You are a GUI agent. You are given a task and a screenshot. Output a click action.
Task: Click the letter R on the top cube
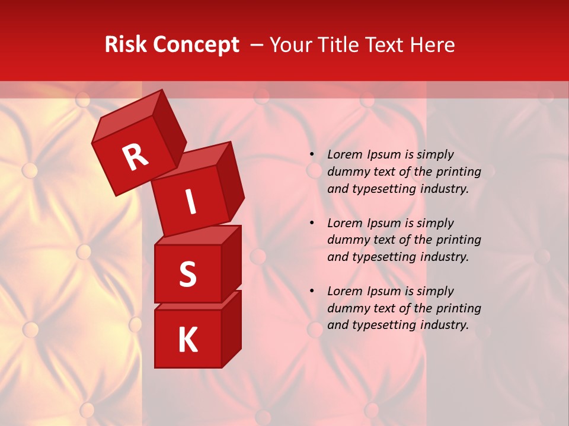(x=135, y=157)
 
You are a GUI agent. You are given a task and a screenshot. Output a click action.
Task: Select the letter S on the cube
(x=187, y=274)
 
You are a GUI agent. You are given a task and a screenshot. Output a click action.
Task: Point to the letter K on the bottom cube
(x=187, y=340)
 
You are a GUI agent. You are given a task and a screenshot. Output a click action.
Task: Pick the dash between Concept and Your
(x=257, y=46)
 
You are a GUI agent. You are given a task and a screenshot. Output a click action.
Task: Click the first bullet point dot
(x=312, y=155)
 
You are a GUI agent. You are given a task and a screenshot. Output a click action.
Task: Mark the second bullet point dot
(x=312, y=223)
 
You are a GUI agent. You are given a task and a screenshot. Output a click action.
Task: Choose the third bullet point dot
(x=312, y=291)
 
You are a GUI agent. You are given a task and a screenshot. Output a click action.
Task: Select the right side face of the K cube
(x=231, y=328)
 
